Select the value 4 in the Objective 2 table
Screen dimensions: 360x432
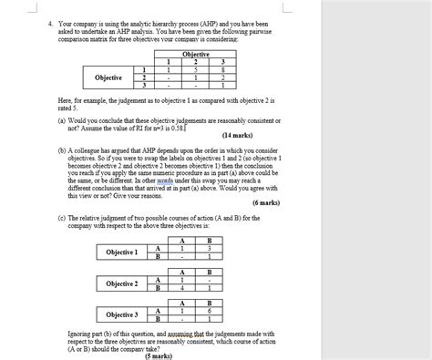click(x=182, y=288)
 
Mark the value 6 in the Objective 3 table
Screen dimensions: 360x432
click(x=209, y=311)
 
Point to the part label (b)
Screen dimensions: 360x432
click(x=61, y=149)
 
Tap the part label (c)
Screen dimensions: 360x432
click(x=61, y=216)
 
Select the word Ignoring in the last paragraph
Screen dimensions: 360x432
click(x=82, y=334)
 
